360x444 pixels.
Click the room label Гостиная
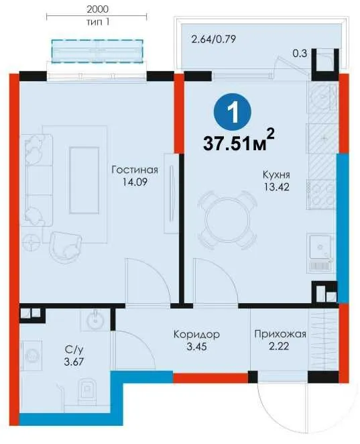pos(135,170)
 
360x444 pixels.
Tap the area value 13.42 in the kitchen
pos(276,187)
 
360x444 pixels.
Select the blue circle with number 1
pos(233,112)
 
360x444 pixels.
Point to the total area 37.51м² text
pos(239,140)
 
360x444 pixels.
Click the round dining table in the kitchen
pos(228,221)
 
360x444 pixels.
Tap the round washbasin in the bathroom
pos(95,320)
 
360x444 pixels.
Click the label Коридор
pos(196,334)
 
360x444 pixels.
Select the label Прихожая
pos(280,335)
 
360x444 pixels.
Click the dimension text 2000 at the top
pos(97,9)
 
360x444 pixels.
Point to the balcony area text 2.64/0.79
pos(214,39)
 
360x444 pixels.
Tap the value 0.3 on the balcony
pos(300,53)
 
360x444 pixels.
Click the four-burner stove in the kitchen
pos(322,195)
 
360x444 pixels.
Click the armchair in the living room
pos(66,247)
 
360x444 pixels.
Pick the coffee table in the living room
pos(84,180)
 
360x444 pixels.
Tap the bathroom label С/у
pos(74,349)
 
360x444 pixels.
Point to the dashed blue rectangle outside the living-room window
pos(97,51)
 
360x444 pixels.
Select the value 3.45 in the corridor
pos(196,346)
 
